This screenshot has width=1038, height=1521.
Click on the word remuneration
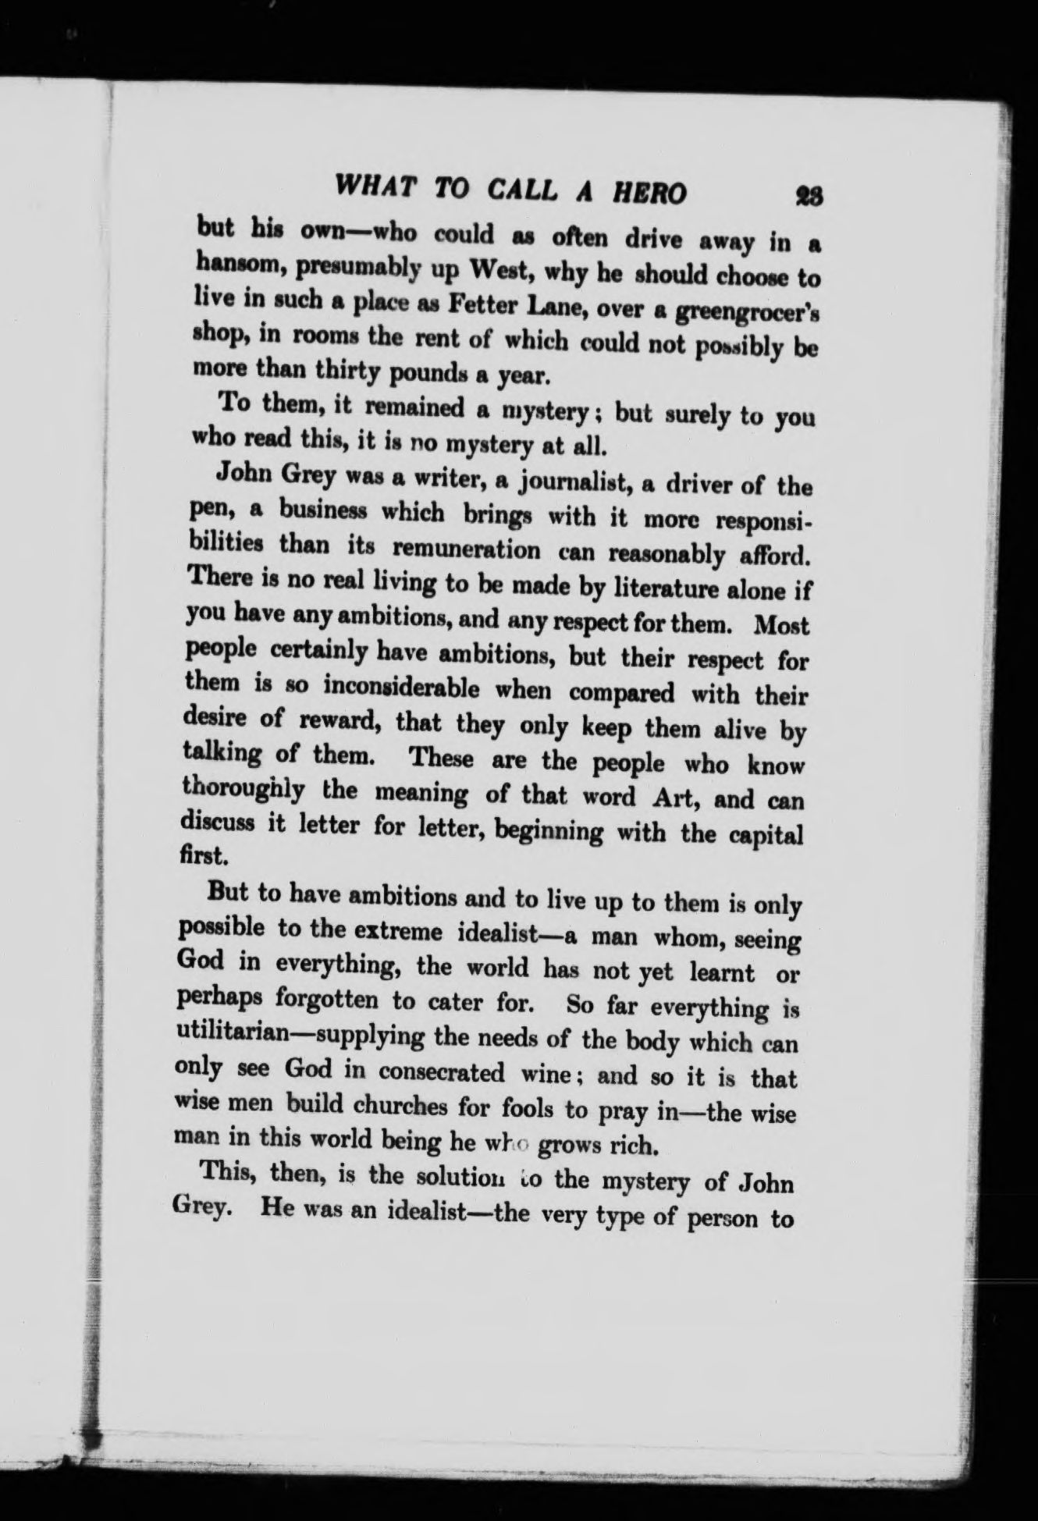point(466,549)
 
